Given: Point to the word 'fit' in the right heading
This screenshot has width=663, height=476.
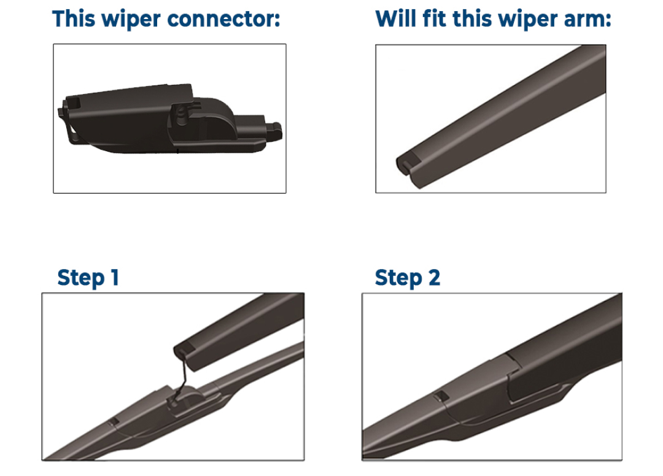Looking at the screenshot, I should pos(432,19).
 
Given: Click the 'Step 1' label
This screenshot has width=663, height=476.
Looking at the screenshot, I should pos(88,278).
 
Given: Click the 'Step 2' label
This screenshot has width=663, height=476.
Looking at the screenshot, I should pos(407,278).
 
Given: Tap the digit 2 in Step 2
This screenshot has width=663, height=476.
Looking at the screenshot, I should pos(433,278).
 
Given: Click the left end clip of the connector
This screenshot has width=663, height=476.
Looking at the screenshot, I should pos(66,117).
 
